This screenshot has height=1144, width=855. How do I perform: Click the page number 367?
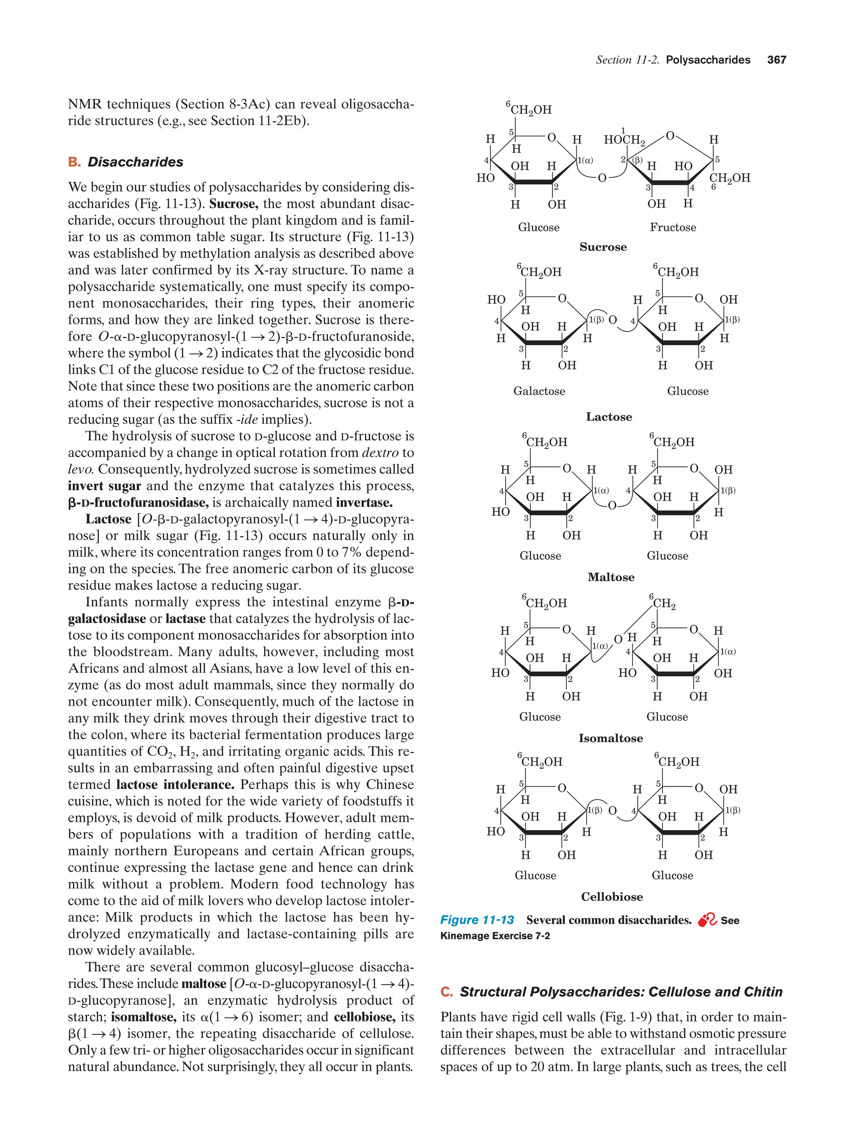coord(777,60)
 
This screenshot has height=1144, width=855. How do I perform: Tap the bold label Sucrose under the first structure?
coord(602,247)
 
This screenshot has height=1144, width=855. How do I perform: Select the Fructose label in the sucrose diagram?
coord(673,227)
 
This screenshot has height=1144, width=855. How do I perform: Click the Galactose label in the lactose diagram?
coord(539,391)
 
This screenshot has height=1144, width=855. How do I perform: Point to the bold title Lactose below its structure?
coord(608,417)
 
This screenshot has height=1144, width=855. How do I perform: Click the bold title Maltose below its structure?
coord(610,577)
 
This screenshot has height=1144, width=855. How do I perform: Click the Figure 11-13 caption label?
coord(476,920)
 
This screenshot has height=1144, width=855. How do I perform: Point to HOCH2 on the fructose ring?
coord(624,140)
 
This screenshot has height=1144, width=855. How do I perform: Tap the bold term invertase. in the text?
coord(364,503)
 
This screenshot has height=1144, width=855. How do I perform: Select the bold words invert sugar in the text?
coord(104,486)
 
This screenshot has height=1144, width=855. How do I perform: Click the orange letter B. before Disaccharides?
coord(74,162)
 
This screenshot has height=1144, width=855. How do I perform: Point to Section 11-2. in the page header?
coord(627,60)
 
